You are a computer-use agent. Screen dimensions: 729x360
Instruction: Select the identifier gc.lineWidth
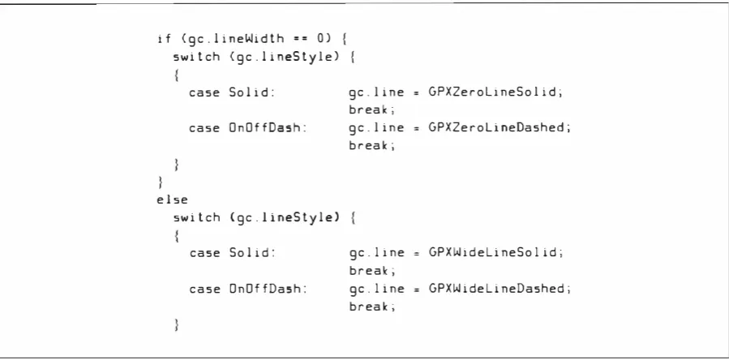tap(236, 40)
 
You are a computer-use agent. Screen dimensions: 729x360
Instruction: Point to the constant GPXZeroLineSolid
tap(495, 92)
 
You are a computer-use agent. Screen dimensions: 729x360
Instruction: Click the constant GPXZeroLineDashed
tap(500, 127)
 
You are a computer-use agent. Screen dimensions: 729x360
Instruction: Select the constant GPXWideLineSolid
tap(495, 252)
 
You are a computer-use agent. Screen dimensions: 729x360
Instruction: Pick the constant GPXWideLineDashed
tap(500, 289)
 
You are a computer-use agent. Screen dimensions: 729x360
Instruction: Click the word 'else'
tap(172, 200)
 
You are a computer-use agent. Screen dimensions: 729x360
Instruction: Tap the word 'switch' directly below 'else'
tap(197, 217)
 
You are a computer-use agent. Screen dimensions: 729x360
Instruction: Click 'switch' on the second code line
tap(197, 58)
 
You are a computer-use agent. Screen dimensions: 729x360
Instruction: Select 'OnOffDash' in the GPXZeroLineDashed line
tap(268, 127)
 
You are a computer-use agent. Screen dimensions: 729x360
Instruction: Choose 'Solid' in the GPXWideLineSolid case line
tap(252, 252)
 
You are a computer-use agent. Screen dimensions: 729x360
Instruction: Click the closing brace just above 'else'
tap(161, 182)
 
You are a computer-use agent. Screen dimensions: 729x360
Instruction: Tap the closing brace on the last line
tap(176, 324)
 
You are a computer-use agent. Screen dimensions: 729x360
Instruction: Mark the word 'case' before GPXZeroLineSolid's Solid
tap(204, 92)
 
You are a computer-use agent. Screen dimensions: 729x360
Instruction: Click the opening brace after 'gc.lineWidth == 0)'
tap(344, 39)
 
